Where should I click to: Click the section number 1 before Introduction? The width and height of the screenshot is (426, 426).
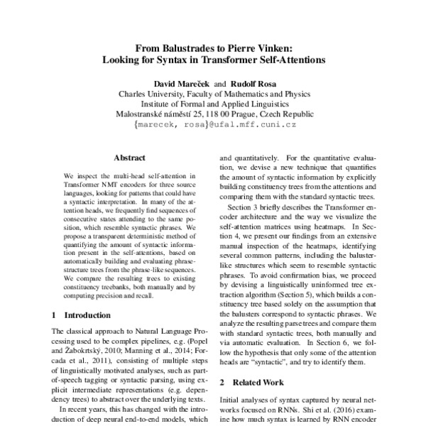[x=55, y=314]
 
